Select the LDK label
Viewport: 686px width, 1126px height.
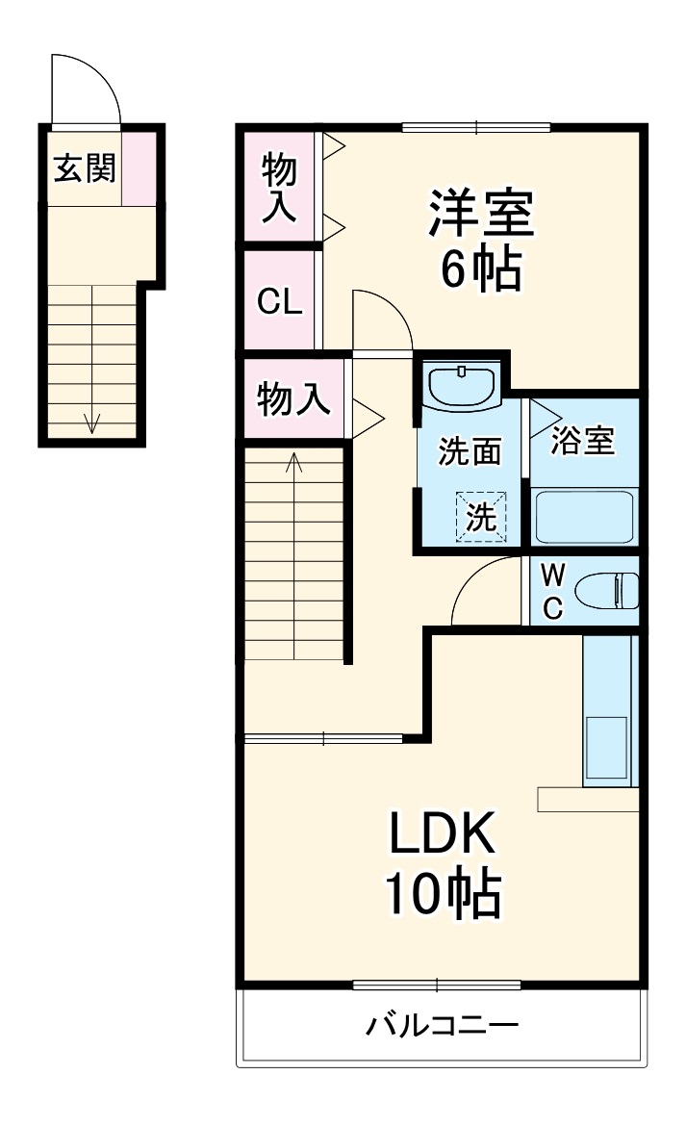coord(442,834)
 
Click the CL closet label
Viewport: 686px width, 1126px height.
coord(279,302)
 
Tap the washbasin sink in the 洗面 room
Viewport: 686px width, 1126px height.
coord(462,386)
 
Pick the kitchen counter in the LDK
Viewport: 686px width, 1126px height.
coord(609,712)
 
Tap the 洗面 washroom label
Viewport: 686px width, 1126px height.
coord(470,451)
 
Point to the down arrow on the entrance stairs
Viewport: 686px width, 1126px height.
coord(93,422)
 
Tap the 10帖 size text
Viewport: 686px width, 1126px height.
coord(442,894)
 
